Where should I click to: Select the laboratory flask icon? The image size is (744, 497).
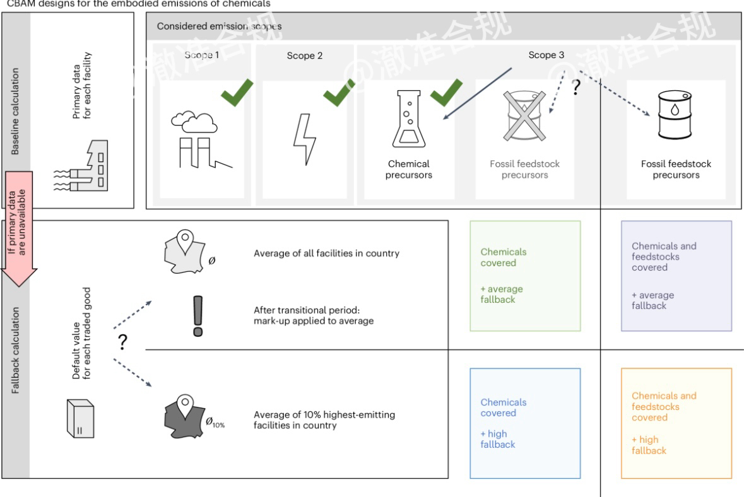(408, 120)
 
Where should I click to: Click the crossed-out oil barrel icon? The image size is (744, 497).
(524, 117)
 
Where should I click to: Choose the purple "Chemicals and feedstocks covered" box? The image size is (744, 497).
(676, 276)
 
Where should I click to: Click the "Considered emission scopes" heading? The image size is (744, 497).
(219, 26)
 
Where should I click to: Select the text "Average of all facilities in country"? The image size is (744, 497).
(327, 254)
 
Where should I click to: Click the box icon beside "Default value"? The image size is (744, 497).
(80, 420)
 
